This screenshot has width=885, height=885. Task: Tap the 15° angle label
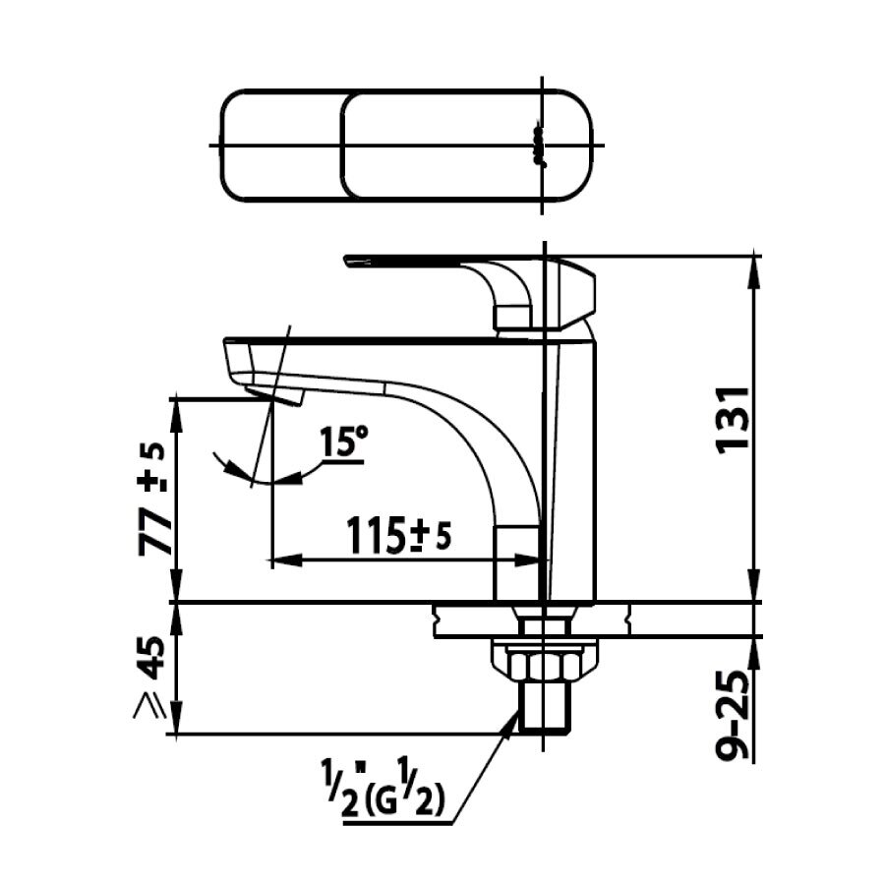click(341, 444)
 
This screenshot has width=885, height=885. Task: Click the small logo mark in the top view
click(537, 146)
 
